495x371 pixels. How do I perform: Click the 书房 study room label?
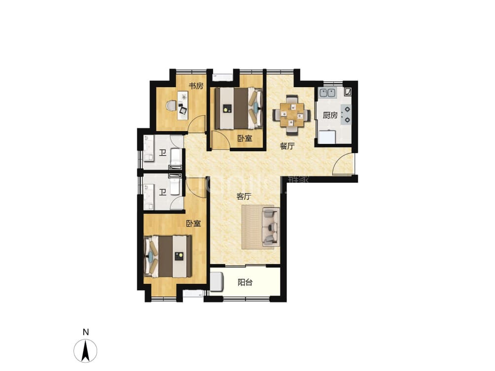pos(196,86)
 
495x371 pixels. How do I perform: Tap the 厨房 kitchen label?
pos(330,115)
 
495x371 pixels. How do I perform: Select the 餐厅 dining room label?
pos(287,146)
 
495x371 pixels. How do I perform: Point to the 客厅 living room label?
pos(244,196)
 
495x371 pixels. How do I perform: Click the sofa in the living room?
pos(271,226)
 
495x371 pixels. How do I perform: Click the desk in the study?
pos(182,104)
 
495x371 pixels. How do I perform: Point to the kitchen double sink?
pos(327,92)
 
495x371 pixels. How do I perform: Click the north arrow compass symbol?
pos(85,351)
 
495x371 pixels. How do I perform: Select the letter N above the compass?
pos(85,332)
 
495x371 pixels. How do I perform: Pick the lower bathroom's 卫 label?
pos(162,191)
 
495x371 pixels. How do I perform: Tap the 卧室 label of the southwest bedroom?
pos(193,224)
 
